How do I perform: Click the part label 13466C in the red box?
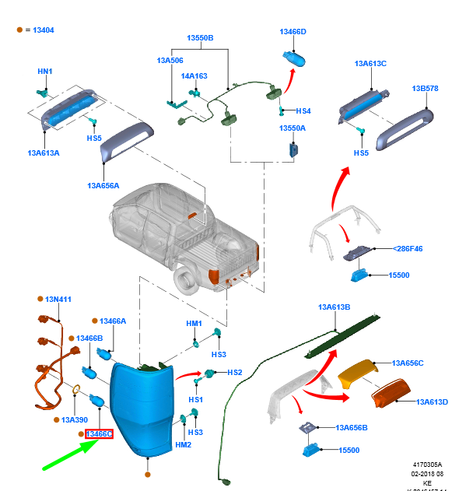pos(99,433)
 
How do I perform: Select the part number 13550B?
pos(200,38)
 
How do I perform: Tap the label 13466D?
pos(293,32)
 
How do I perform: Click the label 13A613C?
pos(370,63)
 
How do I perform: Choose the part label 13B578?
pos(425,88)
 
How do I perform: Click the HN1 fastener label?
pos(45,72)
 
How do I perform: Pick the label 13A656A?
pos(103,186)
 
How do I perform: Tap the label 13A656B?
pos(352,427)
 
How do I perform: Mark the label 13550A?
pos(293,128)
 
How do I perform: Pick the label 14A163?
pos(194,76)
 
